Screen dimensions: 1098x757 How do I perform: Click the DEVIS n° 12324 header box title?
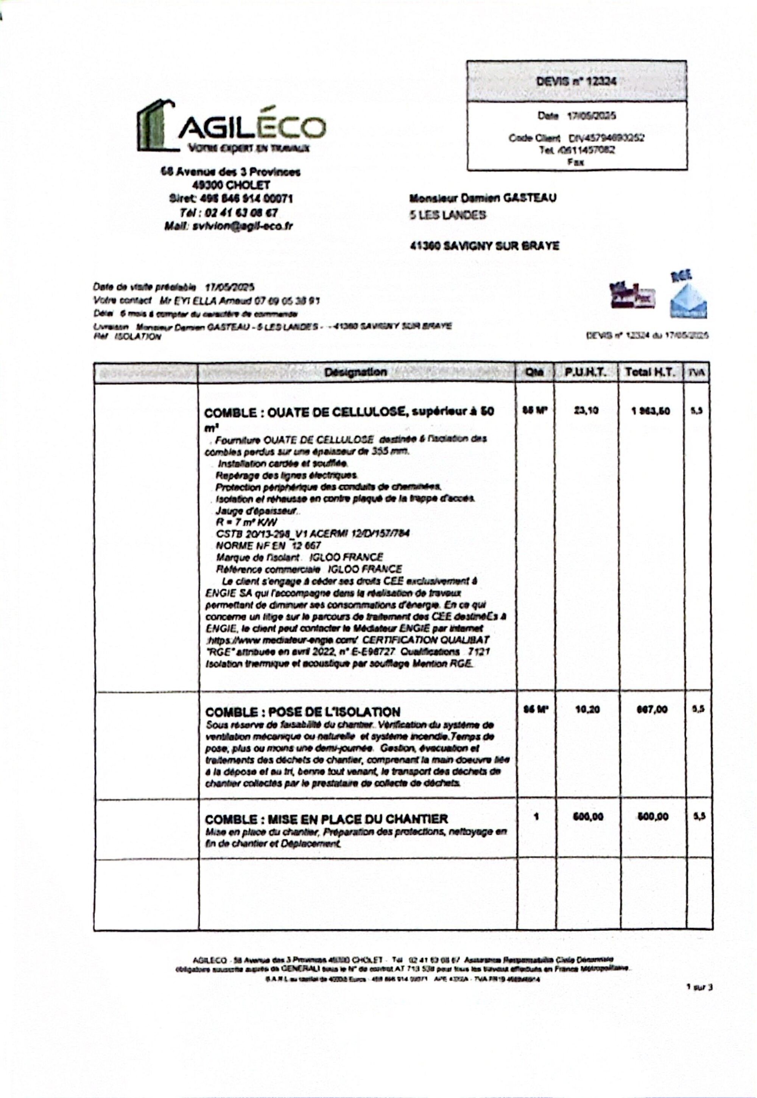pos(576,81)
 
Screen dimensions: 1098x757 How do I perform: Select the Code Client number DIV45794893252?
pos(606,138)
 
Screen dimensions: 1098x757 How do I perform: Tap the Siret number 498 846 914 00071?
pos(231,198)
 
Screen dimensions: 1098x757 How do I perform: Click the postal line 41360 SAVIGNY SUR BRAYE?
pos(484,246)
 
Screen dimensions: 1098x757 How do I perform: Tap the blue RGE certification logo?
pos(688,298)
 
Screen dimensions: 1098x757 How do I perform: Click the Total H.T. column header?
pos(650,372)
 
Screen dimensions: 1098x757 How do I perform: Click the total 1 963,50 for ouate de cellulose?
pos(650,411)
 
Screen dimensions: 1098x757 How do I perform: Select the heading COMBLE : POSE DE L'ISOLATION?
pos(302,712)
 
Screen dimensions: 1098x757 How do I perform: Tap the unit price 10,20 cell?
pos(587,709)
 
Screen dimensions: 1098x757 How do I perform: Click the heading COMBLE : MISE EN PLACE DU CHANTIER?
pos(326,819)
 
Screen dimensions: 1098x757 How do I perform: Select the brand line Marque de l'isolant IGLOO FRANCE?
pos(299,557)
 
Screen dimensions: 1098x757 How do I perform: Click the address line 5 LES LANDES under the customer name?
pos(448,215)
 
